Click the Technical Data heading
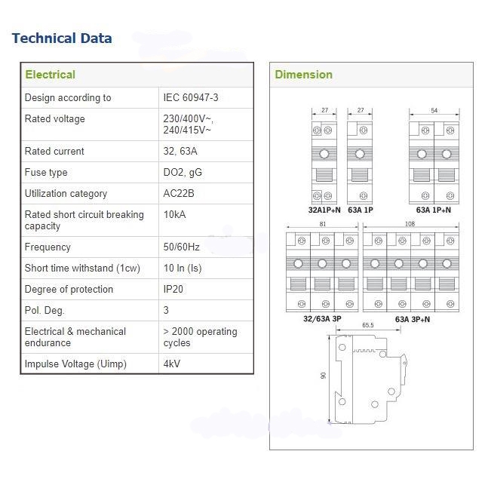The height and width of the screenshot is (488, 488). (62, 38)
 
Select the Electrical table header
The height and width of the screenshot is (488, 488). (50, 75)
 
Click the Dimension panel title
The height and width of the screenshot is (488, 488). (303, 75)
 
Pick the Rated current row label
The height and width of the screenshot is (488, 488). (54, 151)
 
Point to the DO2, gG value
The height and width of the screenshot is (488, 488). (183, 172)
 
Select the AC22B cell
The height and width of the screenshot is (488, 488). (179, 193)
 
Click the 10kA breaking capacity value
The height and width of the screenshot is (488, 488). (174, 214)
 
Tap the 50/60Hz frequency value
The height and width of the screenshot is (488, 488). (182, 247)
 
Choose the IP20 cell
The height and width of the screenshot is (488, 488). (173, 289)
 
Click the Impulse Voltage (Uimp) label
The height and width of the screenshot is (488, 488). (75, 364)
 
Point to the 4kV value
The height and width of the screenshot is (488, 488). (172, 364)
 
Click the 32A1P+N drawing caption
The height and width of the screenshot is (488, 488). (324, 210)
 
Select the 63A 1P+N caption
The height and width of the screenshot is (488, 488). (434, 210)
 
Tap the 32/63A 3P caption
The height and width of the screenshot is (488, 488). (321, 319)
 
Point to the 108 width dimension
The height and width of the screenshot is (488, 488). (410, 224)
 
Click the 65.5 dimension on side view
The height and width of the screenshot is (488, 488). (368, 325)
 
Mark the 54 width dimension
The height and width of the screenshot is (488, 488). (434, 111)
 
